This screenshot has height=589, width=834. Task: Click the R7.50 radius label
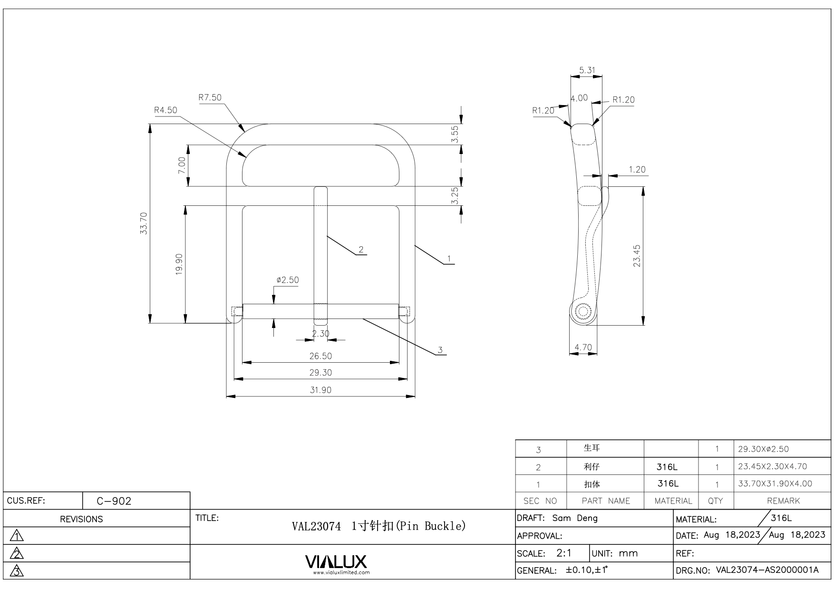coord(210,97)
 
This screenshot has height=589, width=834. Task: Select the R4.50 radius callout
coord(165,110)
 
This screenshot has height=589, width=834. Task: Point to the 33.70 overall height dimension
coord(144,223)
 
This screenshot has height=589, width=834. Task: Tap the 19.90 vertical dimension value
coord(179,264)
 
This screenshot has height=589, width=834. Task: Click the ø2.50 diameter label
coord(288,280)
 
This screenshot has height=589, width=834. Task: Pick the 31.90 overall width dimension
coord(320,390)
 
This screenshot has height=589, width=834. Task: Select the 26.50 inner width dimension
coord(320,356)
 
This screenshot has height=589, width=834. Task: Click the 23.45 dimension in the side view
coord(637,256)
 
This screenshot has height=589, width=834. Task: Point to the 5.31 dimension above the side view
coord(587,70)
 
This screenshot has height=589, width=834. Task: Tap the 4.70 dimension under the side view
coord(583,348)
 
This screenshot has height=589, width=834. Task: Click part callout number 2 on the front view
coord(361,250)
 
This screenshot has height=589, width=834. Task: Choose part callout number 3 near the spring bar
coord(440,350)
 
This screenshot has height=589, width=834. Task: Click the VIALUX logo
coord(336,562)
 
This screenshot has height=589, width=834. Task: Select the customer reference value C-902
coord(114,501)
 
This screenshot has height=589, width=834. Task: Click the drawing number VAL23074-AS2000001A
coord(767,570)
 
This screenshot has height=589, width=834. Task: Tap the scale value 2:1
coord(564,553)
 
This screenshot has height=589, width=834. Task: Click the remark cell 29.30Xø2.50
coord(764,449)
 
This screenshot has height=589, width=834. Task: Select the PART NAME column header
coord(605,501)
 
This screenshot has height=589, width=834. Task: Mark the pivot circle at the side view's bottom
coord(582,312)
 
